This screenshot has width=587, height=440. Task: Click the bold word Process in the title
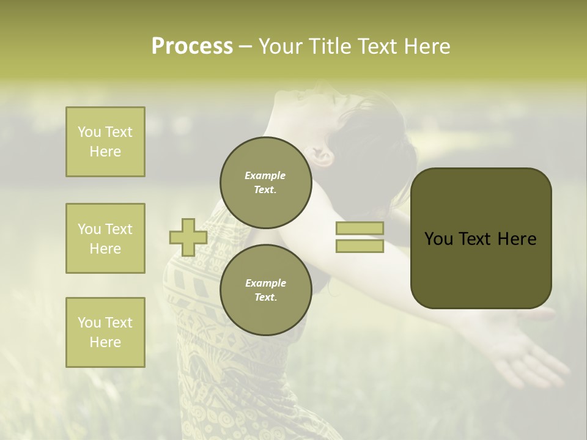[x=192, y=46]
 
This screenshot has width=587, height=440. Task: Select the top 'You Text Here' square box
[x=105, y=142]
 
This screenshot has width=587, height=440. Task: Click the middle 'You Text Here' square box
[x=105, y=238]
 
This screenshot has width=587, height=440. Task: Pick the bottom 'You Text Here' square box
[x=105, y=332]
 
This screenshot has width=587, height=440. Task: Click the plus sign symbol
[x=188, y=237]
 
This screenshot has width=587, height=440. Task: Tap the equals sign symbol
[x=360, y=237]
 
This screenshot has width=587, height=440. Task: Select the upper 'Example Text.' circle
[x=265, y=183]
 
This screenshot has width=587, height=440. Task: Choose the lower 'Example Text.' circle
[x=265, y=290]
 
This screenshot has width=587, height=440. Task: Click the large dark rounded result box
[x=481, y=238]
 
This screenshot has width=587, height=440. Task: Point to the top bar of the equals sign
[x=360, y=229]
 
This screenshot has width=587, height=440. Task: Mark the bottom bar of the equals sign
[x=360, y=246]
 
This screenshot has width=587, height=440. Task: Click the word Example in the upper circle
[x=265, y=175]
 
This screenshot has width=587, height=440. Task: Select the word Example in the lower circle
[x=265, y=283]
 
